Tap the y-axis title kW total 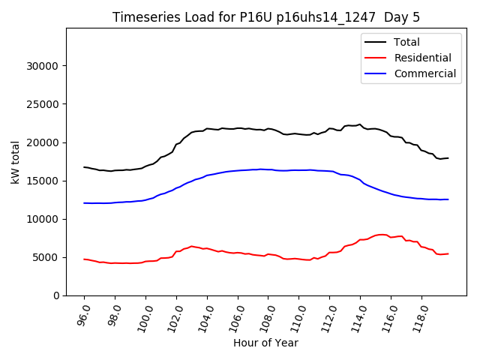coord(16,162)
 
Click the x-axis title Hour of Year coord(265,343)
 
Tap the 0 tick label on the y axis coord(58,295)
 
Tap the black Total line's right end coord(448,158)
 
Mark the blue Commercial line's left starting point coord(84,203)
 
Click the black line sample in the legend coord(376,42)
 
